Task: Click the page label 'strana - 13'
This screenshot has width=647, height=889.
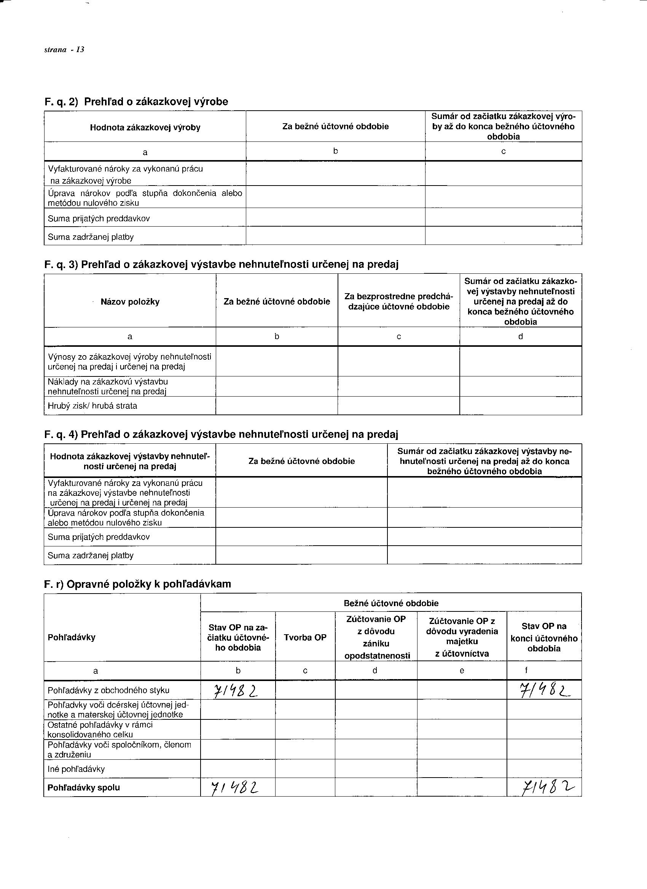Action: coord(64,50)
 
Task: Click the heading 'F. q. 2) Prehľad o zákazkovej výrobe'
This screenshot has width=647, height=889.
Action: coord(136,102)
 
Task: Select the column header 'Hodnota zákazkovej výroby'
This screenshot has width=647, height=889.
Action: coord(145,128)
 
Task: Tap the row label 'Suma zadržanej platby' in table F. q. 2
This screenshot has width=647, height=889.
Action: coord(91,237)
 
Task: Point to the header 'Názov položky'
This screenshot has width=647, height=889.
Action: coord(130,302)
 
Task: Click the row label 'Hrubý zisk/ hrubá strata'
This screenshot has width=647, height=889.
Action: coord(92,406)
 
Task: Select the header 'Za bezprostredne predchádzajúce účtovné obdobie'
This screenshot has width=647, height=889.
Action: coord(398,302)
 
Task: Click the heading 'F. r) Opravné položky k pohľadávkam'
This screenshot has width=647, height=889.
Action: coord(137,584)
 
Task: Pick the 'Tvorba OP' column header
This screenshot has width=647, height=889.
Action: coord(305,638)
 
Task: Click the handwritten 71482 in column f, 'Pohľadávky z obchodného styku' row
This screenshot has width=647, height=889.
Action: coord(545,691)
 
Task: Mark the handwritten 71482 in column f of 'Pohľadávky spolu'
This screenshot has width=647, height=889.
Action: coord(545,788)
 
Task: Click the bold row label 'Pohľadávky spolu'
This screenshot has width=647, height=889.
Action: coord(84,788)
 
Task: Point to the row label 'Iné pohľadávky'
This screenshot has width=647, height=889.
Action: coord(76,769)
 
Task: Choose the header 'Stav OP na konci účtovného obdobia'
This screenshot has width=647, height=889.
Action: coord(544,638)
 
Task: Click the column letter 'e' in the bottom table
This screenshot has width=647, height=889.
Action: coord(462,671)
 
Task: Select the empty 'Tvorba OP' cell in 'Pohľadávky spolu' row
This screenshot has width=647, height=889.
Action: coord(305,788)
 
